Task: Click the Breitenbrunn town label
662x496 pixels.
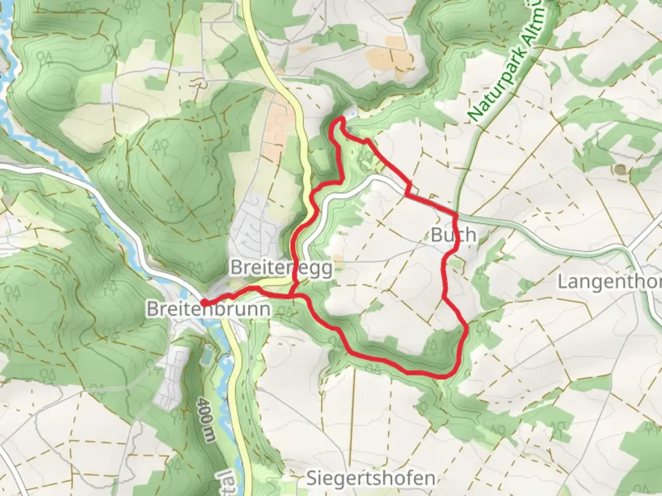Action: [x=208, y=309]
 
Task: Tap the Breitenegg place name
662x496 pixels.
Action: [x=281, y=268]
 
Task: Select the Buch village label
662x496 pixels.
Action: [x=453, y=235]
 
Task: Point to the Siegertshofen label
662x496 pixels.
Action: [x=371, y=478]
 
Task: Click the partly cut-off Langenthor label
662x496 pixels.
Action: [x=610, y=282]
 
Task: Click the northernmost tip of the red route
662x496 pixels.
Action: [x=342, y=118]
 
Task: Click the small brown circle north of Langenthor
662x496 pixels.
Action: [x=621, y=169]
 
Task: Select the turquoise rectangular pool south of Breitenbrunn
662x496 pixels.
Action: [x=207, y=354]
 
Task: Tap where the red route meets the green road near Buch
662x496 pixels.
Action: [x=456, y=214]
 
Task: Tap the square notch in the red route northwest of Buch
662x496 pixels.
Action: [x=409, y=190]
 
